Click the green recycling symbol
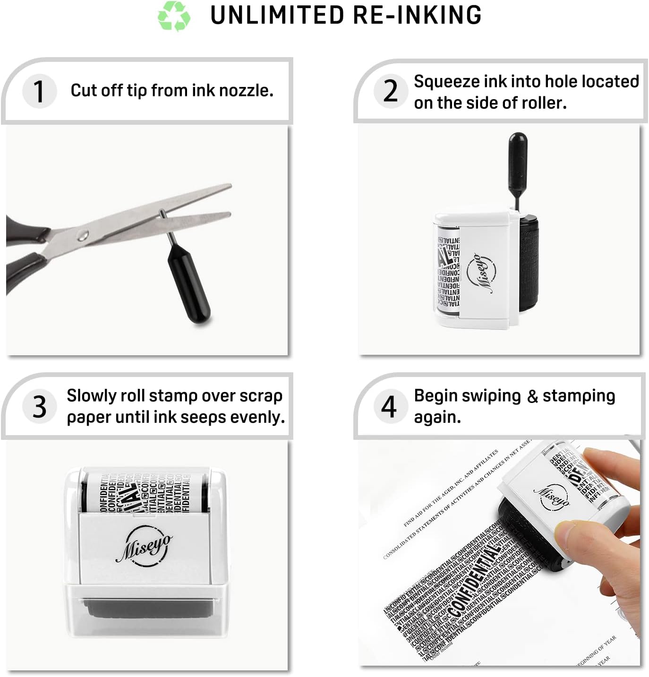[x=174, y=16]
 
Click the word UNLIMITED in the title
[x=277, y=15]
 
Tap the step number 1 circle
[x=39, y=91]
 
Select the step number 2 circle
[x=390, y=91]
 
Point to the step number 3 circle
[x=39, y=406]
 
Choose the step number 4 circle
[x=389, y=406]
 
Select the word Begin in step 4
[x=435, y=395]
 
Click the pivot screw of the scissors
[x=83, y=234]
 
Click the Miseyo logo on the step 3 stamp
[x=144, y=546]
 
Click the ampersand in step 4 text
[x=532, y=396]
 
